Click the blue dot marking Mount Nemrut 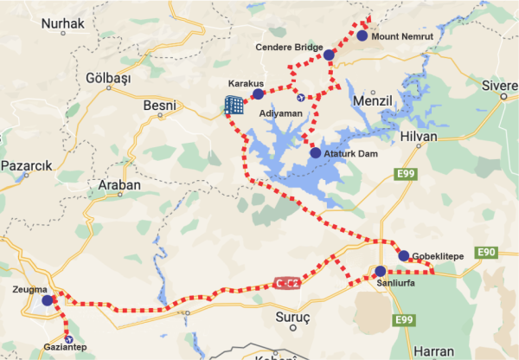[x=361, y=36]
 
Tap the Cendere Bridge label [x=290, y=47]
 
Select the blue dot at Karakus [x=257, y=94]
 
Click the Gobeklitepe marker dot [x=404, y=255]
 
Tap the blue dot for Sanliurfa [x=381, y=272]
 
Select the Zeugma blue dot [x=47, y=301]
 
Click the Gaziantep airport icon [x=69, y=340]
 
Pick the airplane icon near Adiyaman [x=299, y=95]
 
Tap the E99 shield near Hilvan [x=404, y=175]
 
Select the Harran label [x=433, y=351]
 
